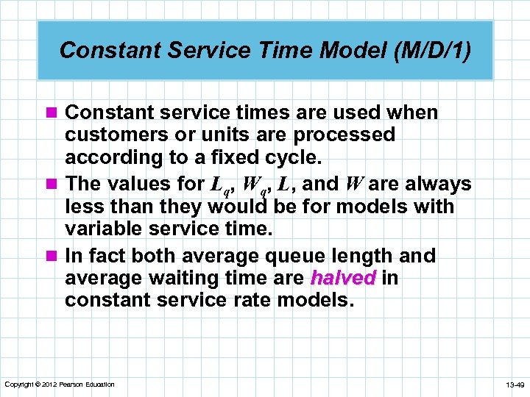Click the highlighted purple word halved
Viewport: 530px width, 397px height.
tap(343, 279)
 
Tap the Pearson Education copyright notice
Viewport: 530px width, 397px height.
tap(60, 385)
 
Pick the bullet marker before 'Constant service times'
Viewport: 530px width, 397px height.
tap(54, 113)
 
